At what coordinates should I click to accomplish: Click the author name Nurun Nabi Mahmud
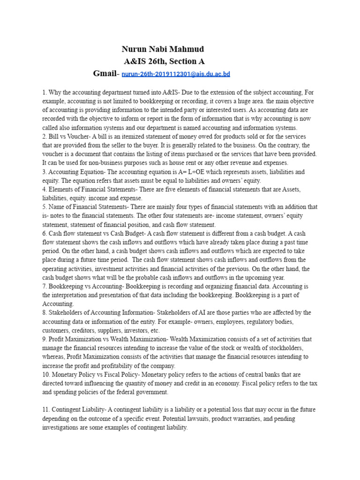(x=163, y=49)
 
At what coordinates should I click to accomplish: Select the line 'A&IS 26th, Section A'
(x=164, y=61)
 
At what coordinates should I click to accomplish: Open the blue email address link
(x=176, y=74)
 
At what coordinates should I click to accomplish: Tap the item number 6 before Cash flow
(x=44, y=233)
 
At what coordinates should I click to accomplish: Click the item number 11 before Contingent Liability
(x=45, y=410)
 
